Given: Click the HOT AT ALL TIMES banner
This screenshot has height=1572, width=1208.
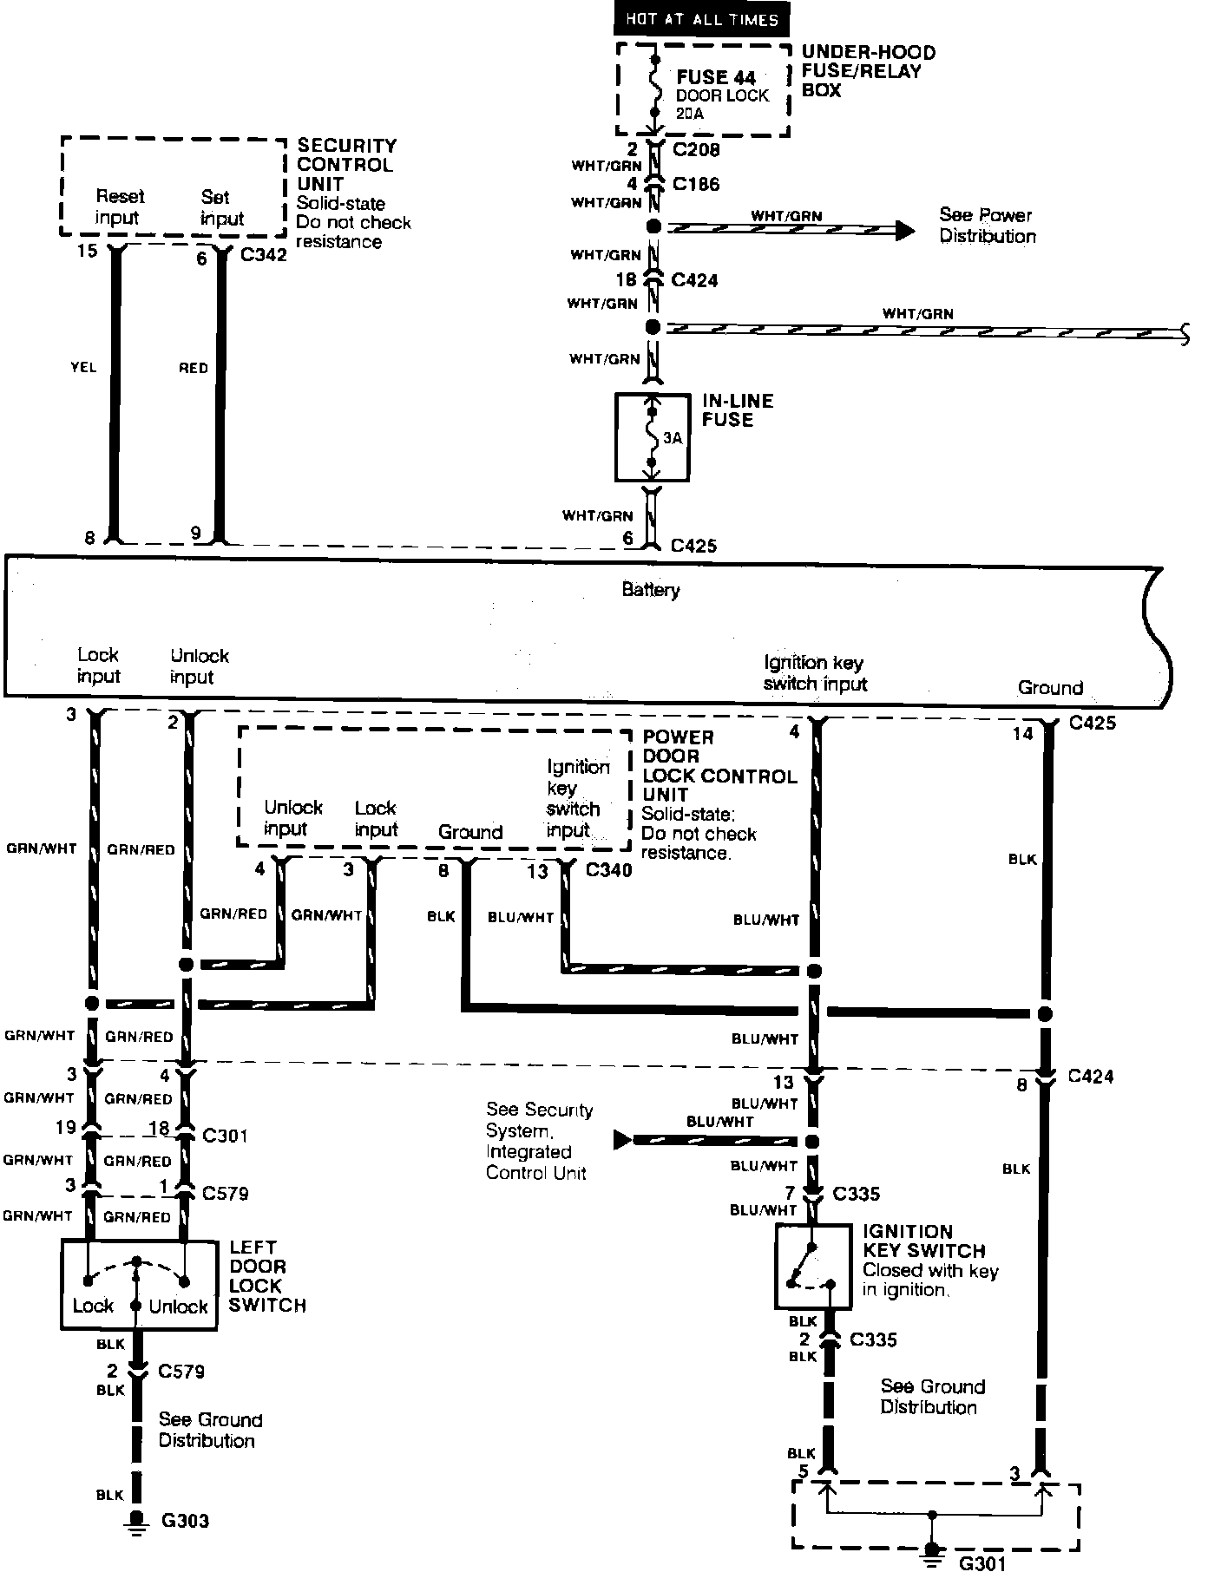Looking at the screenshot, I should pos(702,19).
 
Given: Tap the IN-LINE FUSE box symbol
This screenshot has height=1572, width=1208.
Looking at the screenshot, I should pos(652,437).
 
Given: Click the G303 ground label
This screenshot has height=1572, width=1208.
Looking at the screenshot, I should pos(185,1521).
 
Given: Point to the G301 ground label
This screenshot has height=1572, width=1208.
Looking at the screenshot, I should pos(982,1563).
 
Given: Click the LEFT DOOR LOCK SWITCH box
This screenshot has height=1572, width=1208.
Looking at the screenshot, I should pos(138,1284).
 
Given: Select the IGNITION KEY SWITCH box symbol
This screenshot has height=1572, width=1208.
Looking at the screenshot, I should pos(813,1266).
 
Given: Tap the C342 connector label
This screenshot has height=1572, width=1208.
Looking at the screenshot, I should pos(264,256).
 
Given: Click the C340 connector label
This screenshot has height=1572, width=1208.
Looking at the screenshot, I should pos(609,869).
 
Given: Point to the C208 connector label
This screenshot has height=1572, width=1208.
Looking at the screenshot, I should pos(696,149).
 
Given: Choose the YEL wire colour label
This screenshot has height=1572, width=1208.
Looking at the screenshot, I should pos(83,368).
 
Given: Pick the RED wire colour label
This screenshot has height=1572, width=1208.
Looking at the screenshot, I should pos(193,368).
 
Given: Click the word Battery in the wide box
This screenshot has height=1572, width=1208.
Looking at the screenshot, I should pos(651,590).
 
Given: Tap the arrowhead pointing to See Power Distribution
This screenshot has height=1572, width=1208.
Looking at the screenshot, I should pos(905,230).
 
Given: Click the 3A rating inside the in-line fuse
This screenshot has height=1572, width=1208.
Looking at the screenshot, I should pos(673,438).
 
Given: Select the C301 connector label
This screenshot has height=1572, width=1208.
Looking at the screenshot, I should pos(225,1135).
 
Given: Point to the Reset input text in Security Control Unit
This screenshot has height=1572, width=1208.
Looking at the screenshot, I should pos(119,207).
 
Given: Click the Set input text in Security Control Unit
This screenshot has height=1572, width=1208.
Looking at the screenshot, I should pos(222,207).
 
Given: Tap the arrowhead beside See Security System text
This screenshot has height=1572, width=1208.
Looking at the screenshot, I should pos(622,1139).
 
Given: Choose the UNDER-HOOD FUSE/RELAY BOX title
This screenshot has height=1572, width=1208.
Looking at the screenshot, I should pos(868,71).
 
